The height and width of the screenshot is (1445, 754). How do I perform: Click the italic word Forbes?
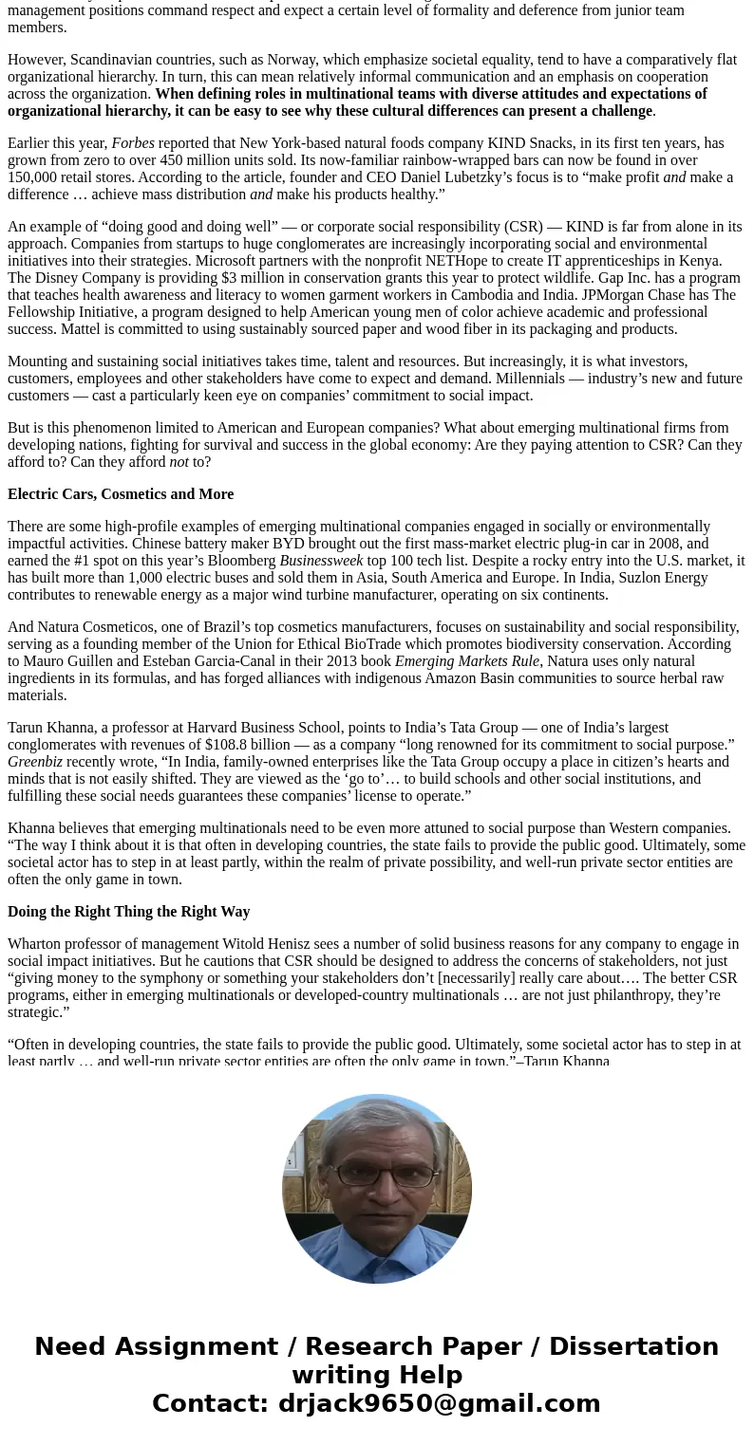(133, 143)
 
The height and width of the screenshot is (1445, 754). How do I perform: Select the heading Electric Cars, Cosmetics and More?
(121, 494)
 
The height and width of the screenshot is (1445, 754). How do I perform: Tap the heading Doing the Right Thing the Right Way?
(129, 912)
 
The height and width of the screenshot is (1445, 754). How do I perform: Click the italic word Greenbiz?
(35, 762)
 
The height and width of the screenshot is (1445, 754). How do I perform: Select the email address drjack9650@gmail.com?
(439, 1403)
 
